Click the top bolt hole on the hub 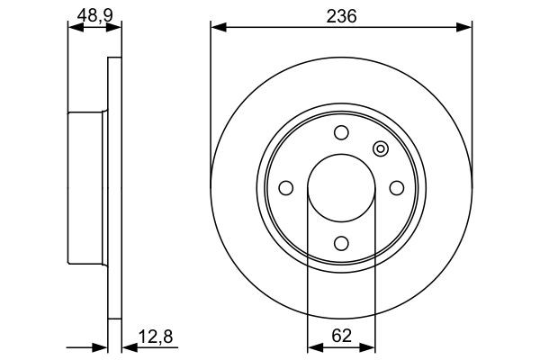point(340,133)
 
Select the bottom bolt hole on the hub point(340,242)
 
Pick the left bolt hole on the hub point(286,187)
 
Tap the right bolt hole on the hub point(395,187)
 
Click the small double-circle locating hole point(379,149)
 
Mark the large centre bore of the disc point(340,188)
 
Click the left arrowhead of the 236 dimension point(217,28)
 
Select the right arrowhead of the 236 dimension point(465,28)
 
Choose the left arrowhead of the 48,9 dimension point(75,28)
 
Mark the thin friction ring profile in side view point(114,187)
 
